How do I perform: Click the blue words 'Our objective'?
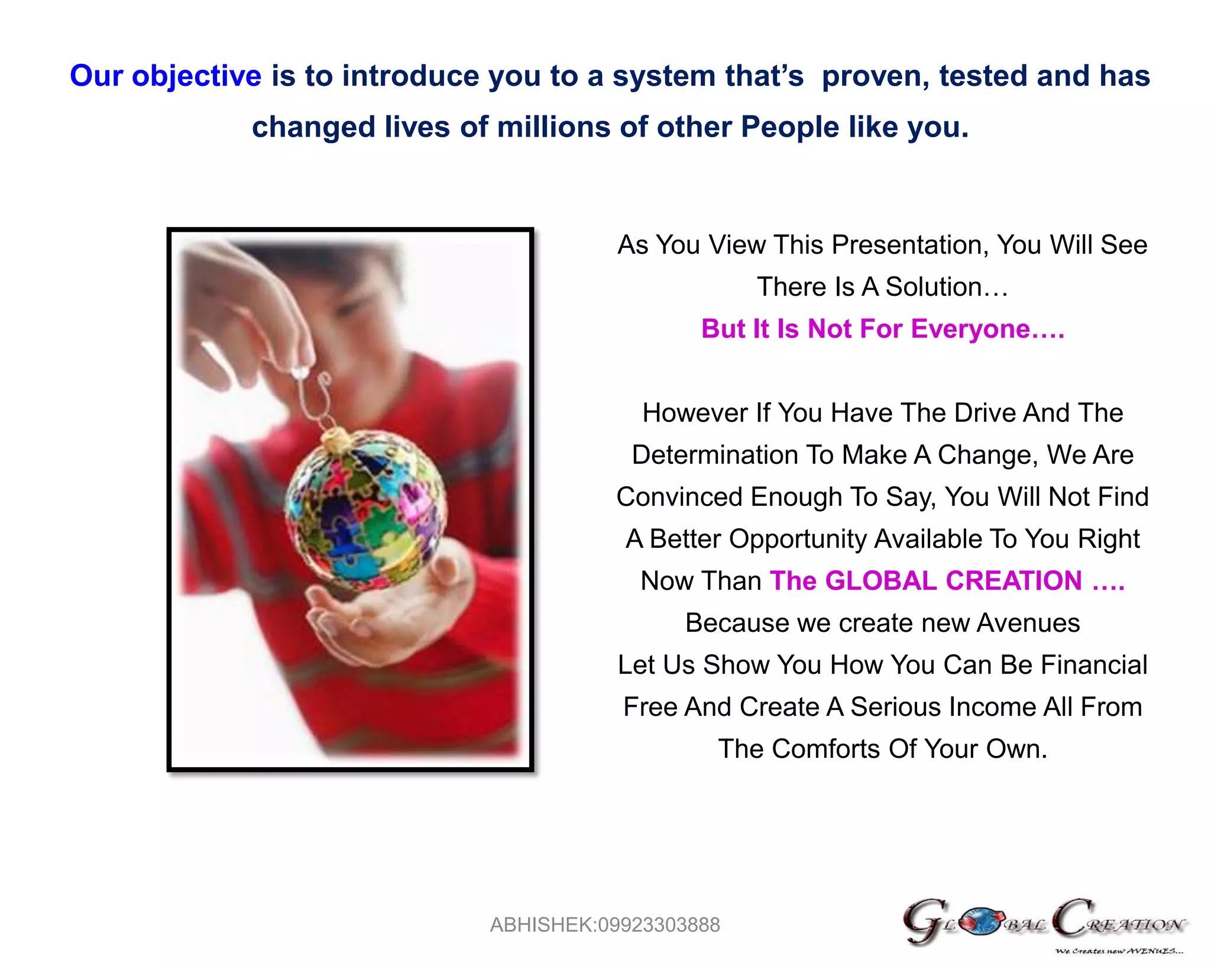click(166, 76)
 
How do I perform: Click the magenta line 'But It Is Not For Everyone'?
click(882, 329)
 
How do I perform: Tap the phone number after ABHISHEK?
click(659, 925)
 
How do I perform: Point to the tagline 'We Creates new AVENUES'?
click(1119, 952)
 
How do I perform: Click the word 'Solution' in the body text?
click(933, 287)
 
